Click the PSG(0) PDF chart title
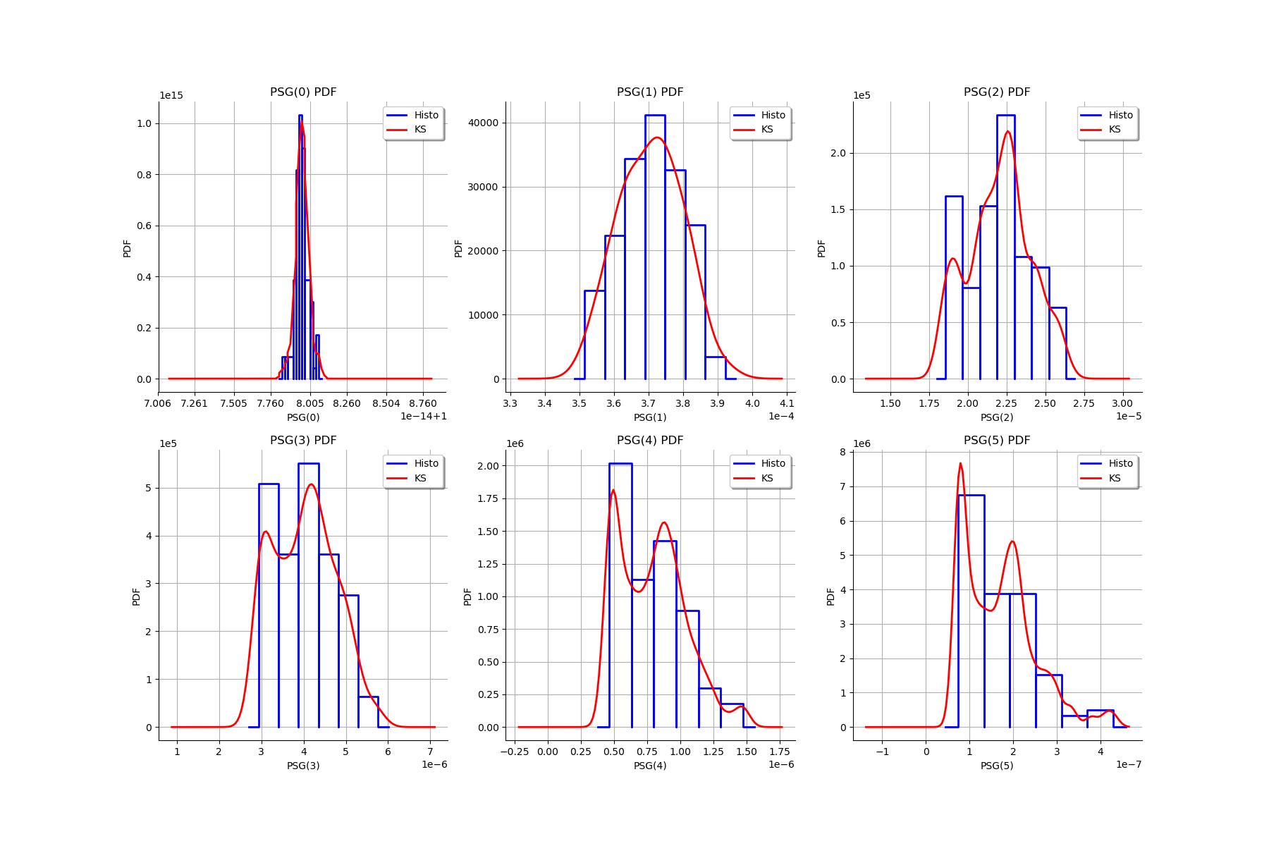click(303, 92)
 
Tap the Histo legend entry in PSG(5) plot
click(1120, 463)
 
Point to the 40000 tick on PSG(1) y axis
click(483, 123)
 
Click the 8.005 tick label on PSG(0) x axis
click(309, 403)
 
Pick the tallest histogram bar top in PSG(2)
click(1005, 116)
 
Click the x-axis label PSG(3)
click(303, 766)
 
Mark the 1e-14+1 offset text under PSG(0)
click(423, 417)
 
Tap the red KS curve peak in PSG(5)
click(960, 464)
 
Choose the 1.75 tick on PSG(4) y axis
click(487, 498)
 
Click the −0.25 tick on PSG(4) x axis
click(514, 752)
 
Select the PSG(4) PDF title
click(650, 441)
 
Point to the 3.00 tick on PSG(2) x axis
click(1122, 403)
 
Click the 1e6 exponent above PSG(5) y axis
click(862, 444)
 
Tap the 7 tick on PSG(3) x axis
click(431, 752)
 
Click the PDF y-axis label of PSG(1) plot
click(458, 248)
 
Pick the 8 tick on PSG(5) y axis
click(842, 453)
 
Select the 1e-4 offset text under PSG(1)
click(781, 417)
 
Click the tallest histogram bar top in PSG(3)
click(308, 464)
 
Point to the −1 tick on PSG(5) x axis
click(882, 752)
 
